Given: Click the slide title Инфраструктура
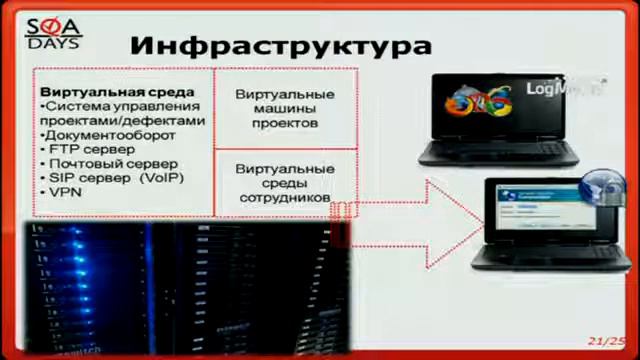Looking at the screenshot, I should point(281,45).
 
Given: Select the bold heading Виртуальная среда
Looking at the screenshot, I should point(103,92).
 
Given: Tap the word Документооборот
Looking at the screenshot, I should point(109,135).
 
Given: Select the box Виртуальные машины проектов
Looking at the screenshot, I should point(285,108).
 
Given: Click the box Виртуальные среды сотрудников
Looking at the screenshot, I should point(285,183).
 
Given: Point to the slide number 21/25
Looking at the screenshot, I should point(606,341).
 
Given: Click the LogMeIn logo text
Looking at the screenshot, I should point(552,89).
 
